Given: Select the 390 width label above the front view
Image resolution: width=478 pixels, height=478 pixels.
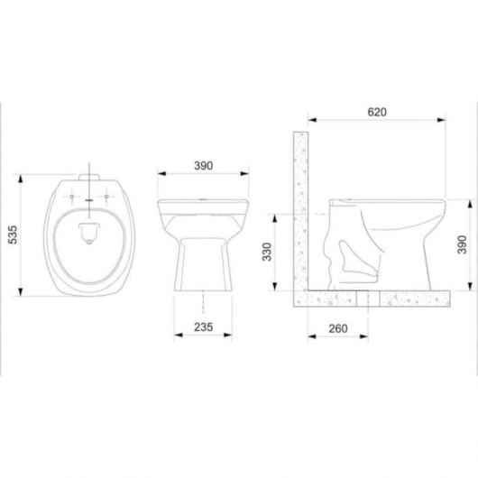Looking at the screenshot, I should coord(203,166).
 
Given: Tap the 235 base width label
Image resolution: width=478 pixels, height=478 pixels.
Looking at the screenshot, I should coord(203,327).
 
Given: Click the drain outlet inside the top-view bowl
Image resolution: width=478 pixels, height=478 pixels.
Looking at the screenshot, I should coord(89,234).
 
